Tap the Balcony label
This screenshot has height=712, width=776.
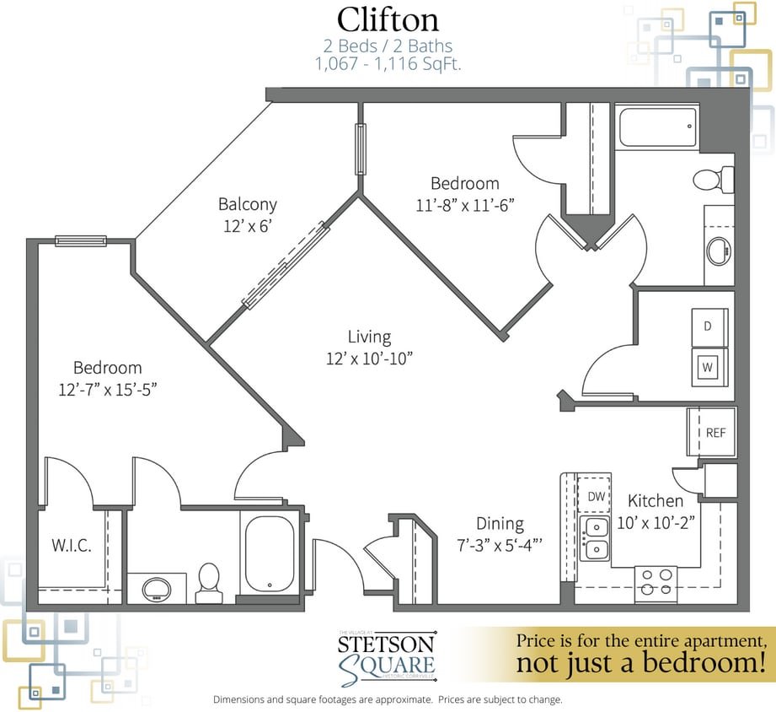coord(248,204)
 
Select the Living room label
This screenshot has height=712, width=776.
coord(369,337)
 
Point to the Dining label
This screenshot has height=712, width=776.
coord(500,524)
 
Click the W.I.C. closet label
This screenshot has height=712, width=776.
coord(71,546)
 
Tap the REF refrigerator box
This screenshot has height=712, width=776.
coord(714,433)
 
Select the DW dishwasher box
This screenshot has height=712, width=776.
coord(595,496)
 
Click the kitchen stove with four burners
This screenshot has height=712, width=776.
coord(655,583)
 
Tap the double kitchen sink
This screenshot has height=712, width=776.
coord(595,539)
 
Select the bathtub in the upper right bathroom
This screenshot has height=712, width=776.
coord(656,127)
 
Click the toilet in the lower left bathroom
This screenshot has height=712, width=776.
coord(208,582)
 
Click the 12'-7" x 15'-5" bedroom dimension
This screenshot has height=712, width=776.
coord(107,389)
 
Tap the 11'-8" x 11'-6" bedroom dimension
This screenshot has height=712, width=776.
coord(465,204)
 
